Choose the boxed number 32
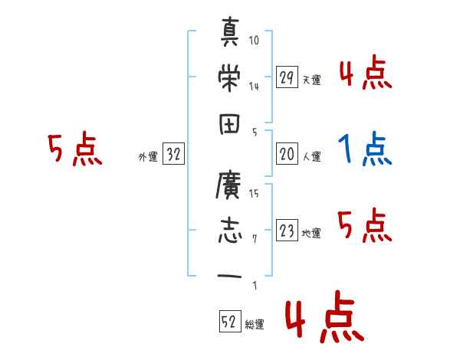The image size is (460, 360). click(173, 155)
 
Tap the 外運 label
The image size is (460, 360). click(147, 158)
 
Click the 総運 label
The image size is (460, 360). click(255, 325)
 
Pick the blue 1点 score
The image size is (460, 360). click(365, 150)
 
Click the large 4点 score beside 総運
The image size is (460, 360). click(324, 321)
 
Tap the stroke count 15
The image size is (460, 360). click(255, 195)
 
